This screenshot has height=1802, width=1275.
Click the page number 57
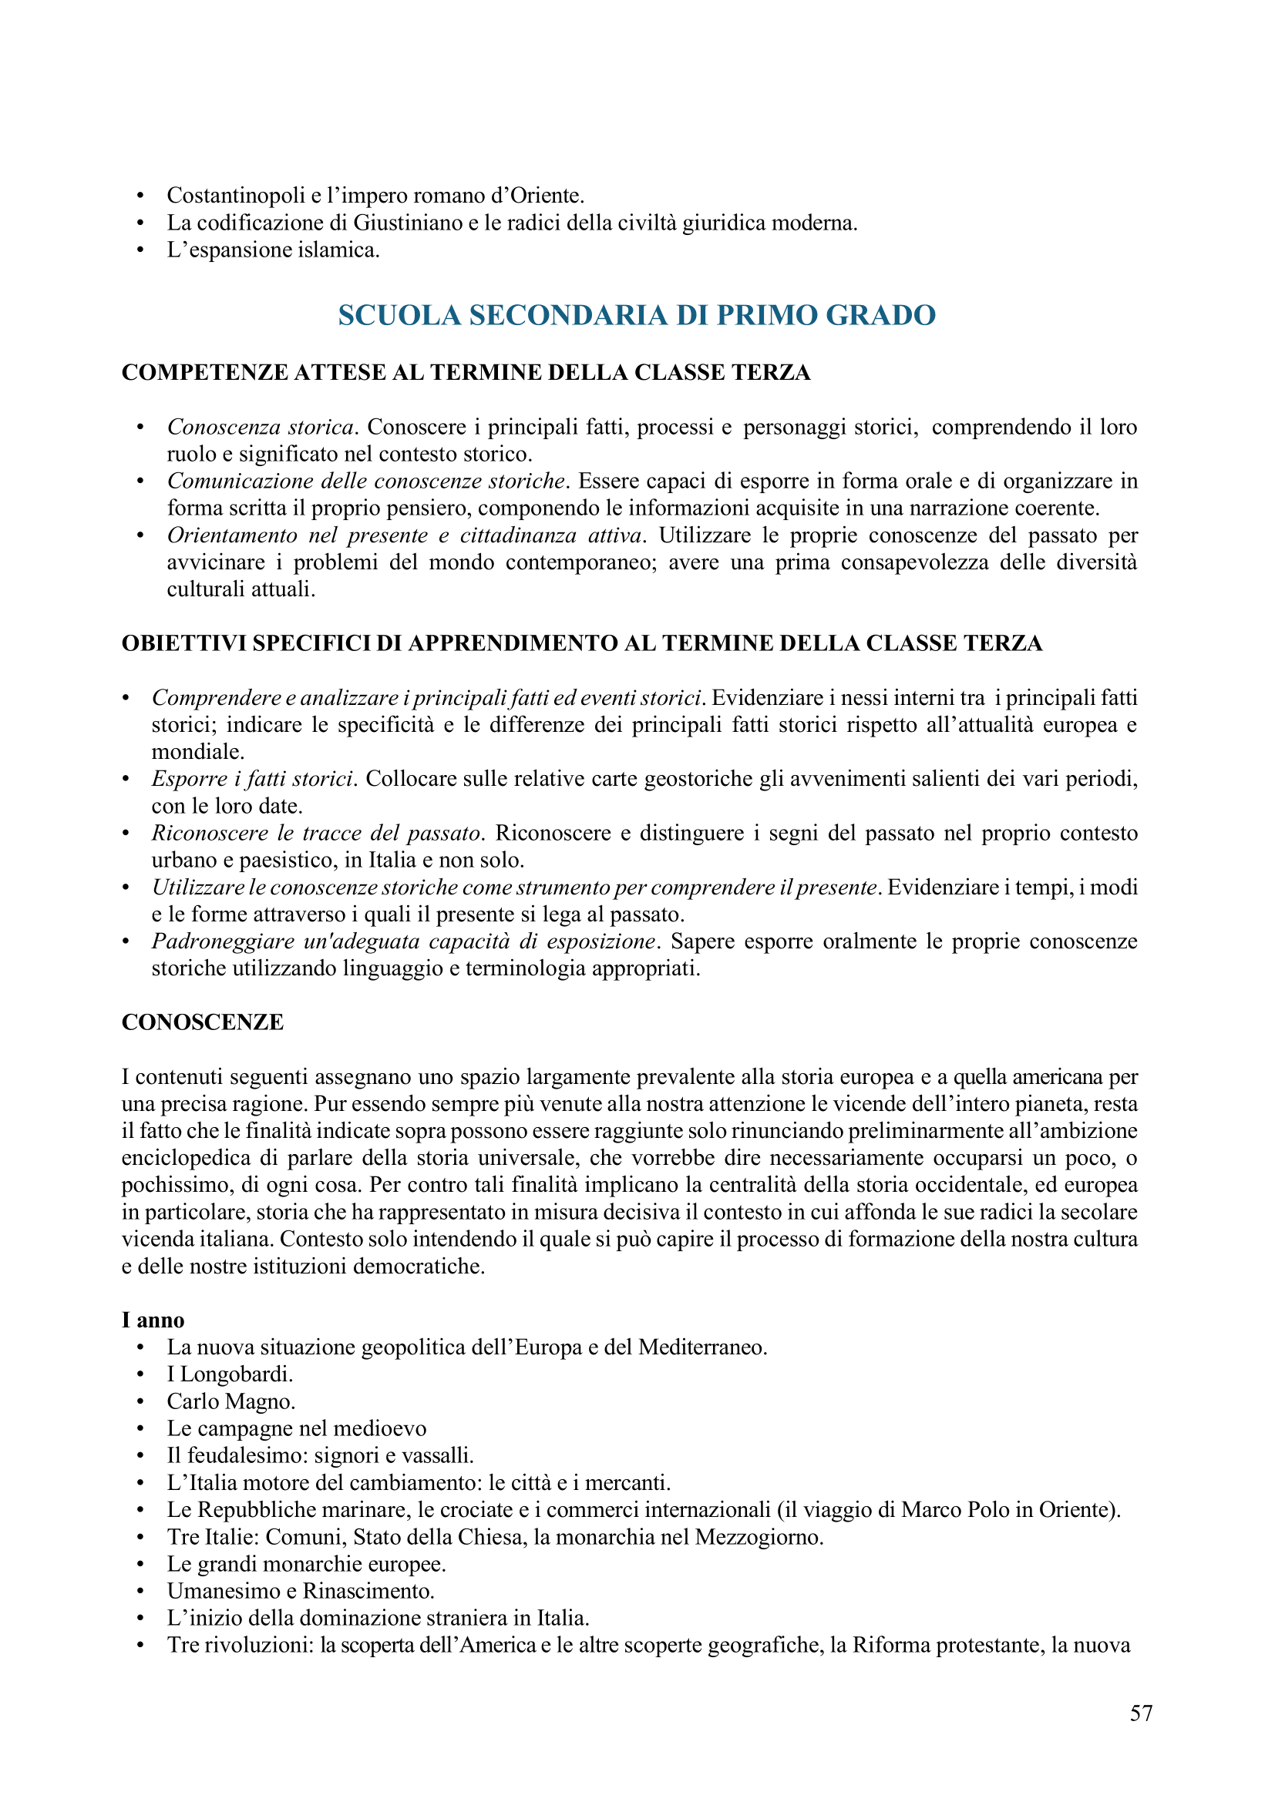(1141, 1713)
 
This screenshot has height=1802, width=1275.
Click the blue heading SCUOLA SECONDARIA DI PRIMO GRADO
(637, 316)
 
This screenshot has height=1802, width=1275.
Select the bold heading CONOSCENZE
(203, 1022)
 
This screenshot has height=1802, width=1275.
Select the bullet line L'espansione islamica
(273, 250)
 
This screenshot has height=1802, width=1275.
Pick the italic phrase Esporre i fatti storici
(252, 779)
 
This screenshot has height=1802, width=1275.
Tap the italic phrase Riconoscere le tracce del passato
(316, 833)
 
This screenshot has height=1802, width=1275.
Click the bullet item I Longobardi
(229, 1374)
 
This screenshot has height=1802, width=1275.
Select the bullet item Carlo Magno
(230, 1401)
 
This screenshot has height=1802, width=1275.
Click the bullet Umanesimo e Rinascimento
(301, 1591)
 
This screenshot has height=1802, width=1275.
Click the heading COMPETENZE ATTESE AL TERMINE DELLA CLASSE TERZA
(466, 372)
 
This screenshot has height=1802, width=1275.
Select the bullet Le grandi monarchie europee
(306, 1563)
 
